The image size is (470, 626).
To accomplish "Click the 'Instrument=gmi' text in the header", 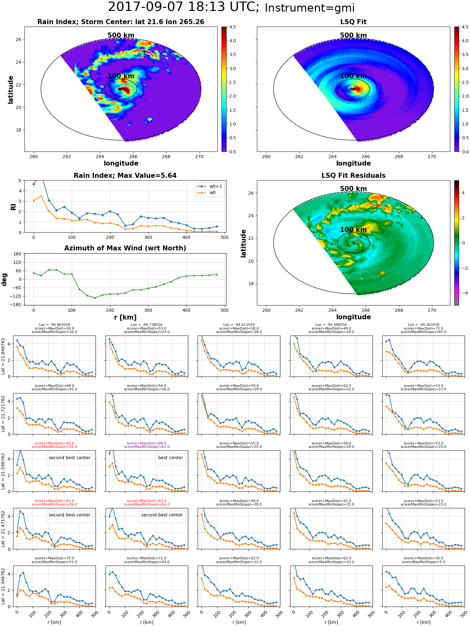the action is click(310, 8).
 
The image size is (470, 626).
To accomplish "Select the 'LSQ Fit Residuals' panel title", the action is click(353, 176).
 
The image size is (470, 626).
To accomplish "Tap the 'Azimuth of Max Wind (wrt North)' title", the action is click(125, 248).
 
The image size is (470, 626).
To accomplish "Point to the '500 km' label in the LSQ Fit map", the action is click(353, 35).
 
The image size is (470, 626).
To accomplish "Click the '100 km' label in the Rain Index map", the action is click(121, 76).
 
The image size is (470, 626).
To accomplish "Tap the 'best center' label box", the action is click(170, 458).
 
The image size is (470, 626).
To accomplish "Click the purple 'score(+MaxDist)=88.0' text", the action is click(147, 443).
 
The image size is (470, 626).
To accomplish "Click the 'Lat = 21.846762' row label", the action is click(3, 356).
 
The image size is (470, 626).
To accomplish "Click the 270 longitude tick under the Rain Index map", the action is click(199, 156).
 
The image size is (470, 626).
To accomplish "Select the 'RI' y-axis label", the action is click(13, 207).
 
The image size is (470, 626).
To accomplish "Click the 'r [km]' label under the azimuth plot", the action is click(125, 317).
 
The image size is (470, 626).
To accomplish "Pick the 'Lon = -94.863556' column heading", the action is click(54, 325).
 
